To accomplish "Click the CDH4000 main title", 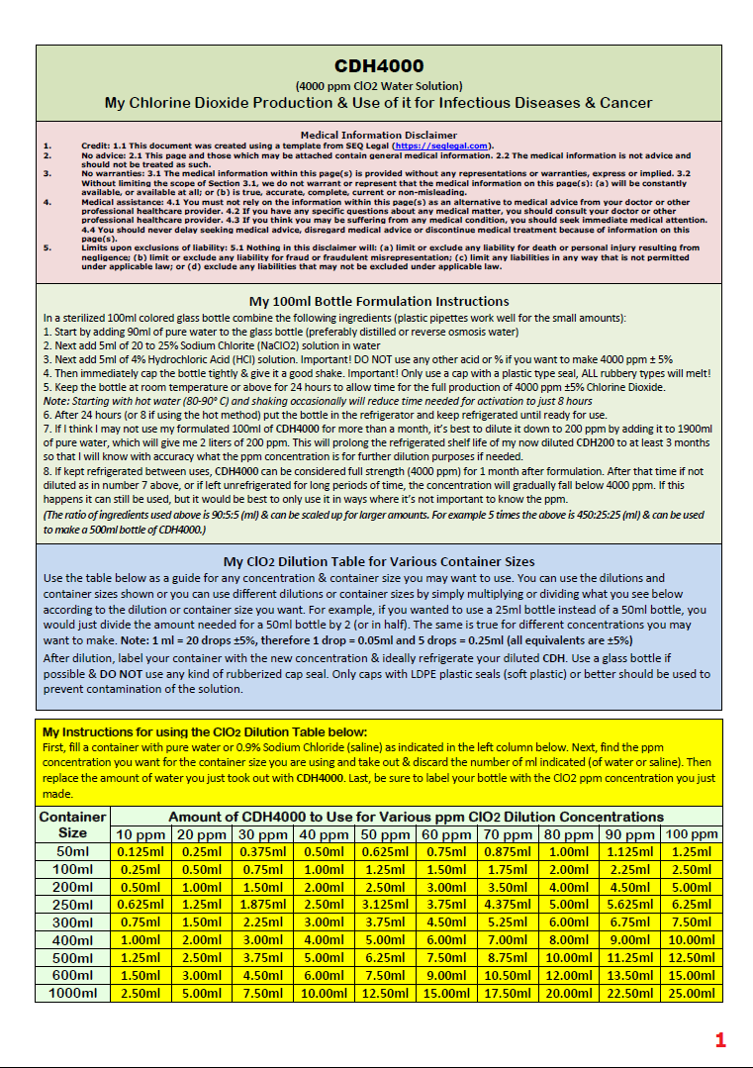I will [x=379, y=66].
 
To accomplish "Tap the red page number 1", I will [x=720, y=1039].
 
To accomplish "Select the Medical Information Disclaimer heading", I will [x=379, y=135].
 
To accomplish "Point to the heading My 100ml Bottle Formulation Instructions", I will [x=379, y=301].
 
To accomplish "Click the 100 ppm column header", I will [x=692, y=834].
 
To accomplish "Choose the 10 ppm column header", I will [x=141, y=834].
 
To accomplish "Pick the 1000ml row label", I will [x=72, y=993].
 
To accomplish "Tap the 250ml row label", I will [x=72, y=904].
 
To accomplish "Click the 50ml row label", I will [x=72, y=851].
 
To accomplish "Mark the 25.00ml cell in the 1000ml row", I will [x=692, y=993].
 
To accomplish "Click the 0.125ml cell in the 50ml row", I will [x=141, y=851].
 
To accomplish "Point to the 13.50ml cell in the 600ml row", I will [x=629, y=975].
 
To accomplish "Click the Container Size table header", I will [x=72, y=825].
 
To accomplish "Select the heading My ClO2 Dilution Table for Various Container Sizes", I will [x=379, y=561].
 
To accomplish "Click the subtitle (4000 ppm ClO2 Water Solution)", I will [x=379, y=86].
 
